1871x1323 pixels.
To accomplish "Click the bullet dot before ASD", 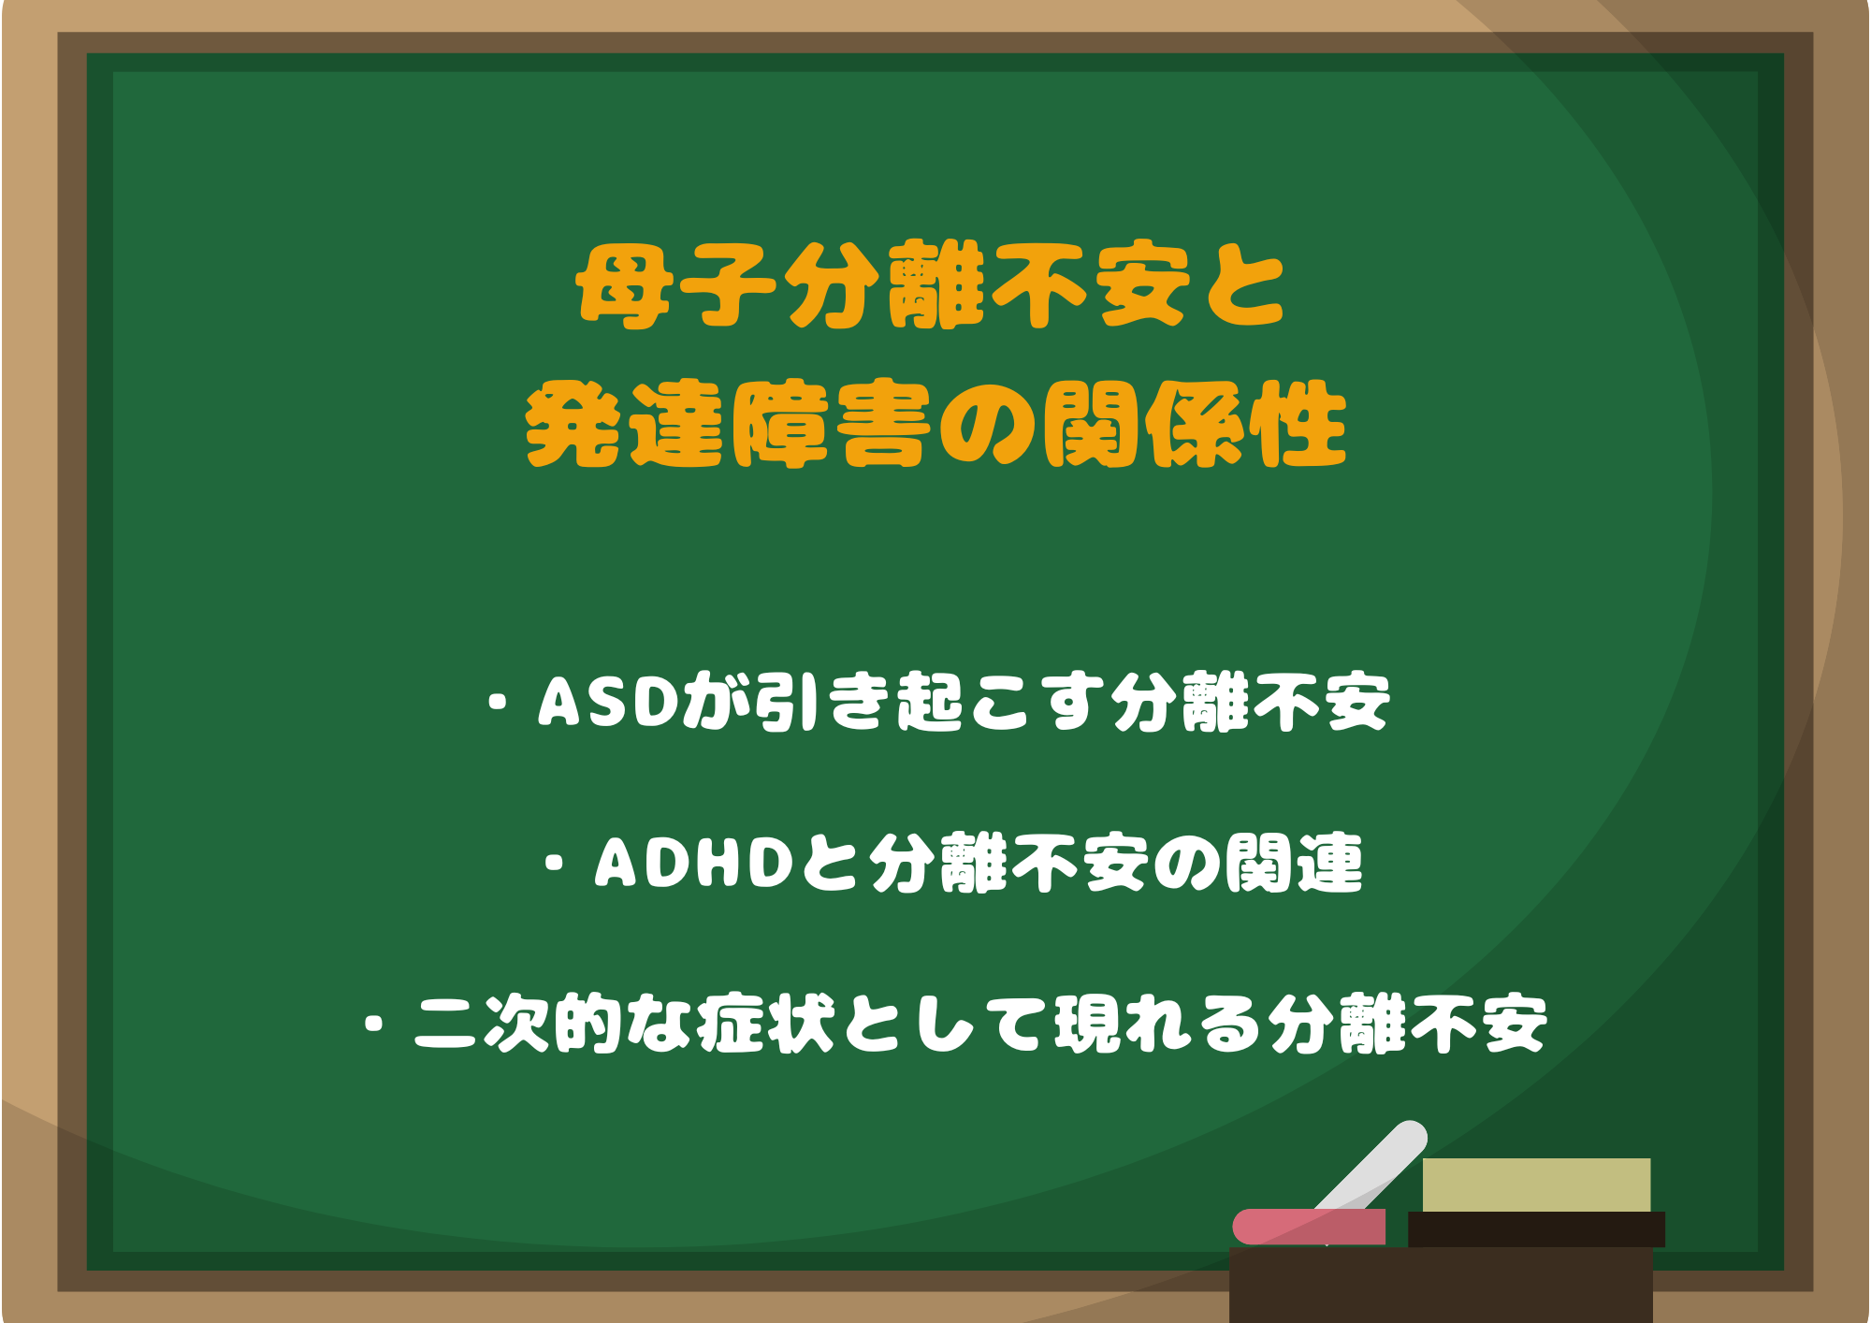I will click(498, 703).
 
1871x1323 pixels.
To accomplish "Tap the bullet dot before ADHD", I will click(555, 863).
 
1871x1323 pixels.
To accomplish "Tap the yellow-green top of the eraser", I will click(1536, 1185).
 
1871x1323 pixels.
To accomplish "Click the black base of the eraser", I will click(1536, 1228).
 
